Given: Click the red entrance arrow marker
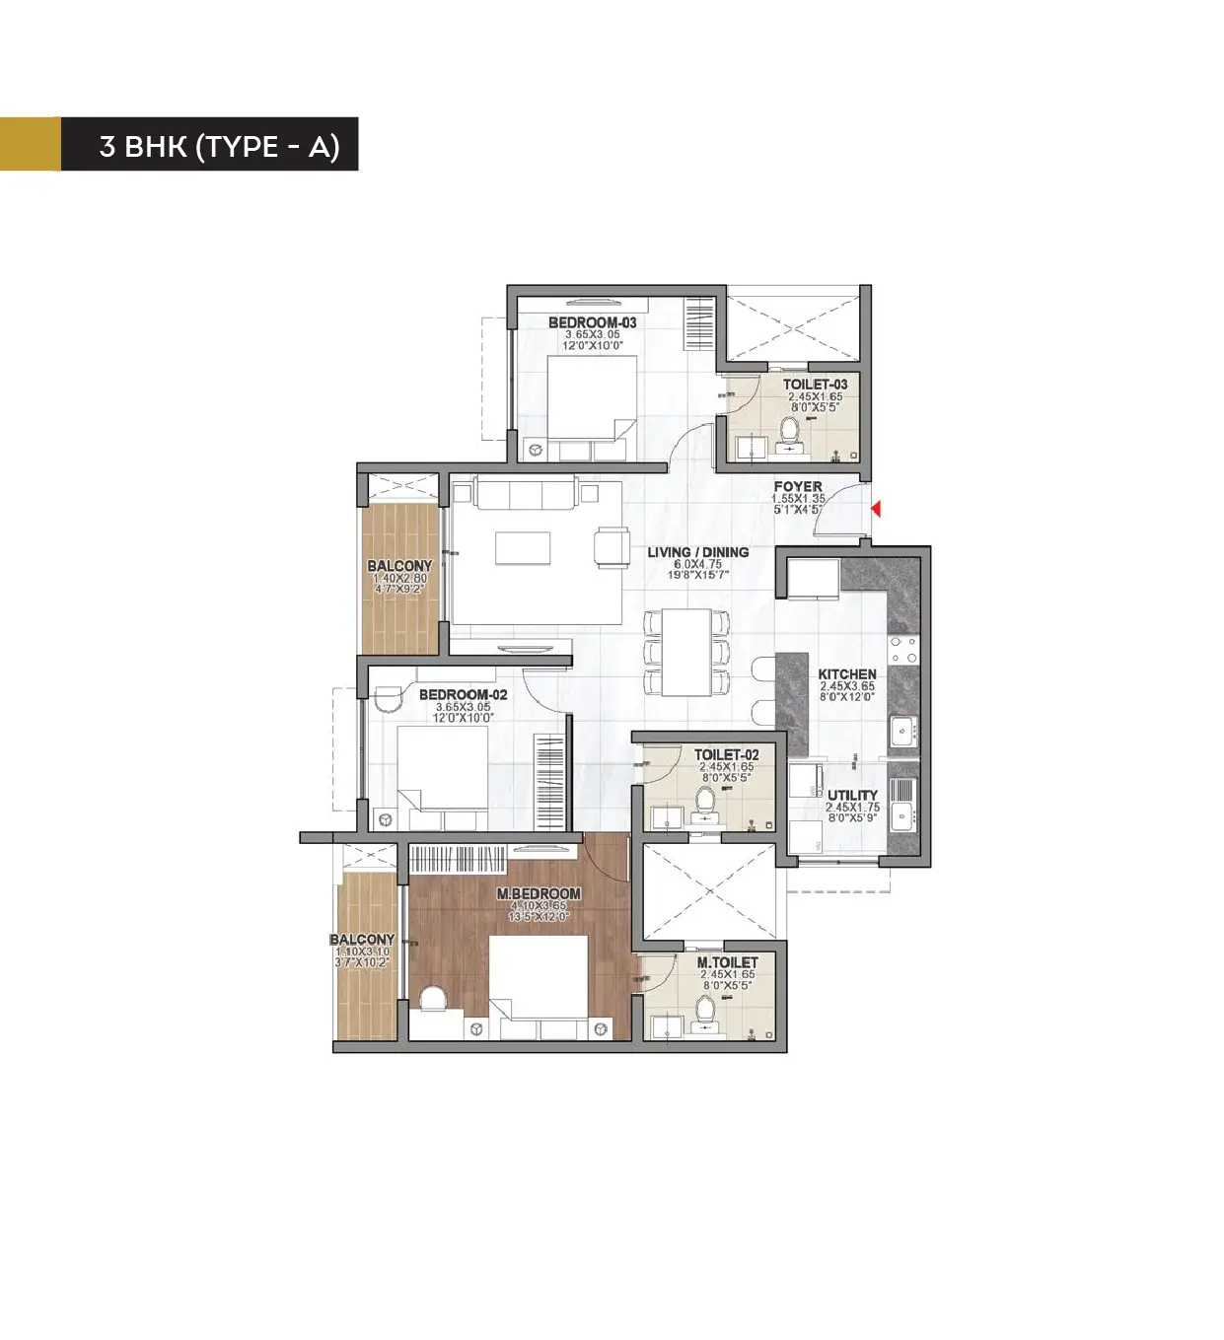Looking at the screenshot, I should pos(875,509).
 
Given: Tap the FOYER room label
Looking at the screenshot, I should pos(797,487).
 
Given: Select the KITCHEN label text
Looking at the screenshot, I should pos(846,674).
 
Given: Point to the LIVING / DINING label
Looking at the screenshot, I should pos(697,552).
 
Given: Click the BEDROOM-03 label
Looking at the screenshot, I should pos(592,322).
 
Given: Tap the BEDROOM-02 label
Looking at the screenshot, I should pos(463,694).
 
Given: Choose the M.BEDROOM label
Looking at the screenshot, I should pos(539,893).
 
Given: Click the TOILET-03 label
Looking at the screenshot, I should pos(815,385).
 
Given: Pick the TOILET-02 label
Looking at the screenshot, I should pos(726,755).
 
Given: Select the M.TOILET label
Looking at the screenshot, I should pos(727,962).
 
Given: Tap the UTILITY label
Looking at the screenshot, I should pos(852,795).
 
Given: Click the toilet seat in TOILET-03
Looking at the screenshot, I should pos(789,431).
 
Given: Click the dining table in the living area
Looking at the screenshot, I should pos(686,652).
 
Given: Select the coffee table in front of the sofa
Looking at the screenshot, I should pos(523,548).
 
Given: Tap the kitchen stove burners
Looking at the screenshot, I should pos(903,650).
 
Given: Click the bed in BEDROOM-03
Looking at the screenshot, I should pos(591,398).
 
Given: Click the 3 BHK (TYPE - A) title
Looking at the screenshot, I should pos(219,146).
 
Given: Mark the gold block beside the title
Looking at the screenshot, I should pos(30,144).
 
